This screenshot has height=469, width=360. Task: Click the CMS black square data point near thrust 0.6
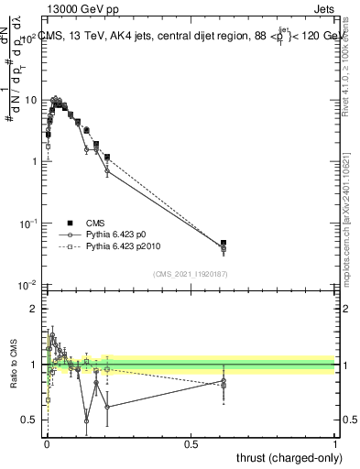click(224, 244)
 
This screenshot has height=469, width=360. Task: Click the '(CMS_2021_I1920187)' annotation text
click(191, 273)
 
